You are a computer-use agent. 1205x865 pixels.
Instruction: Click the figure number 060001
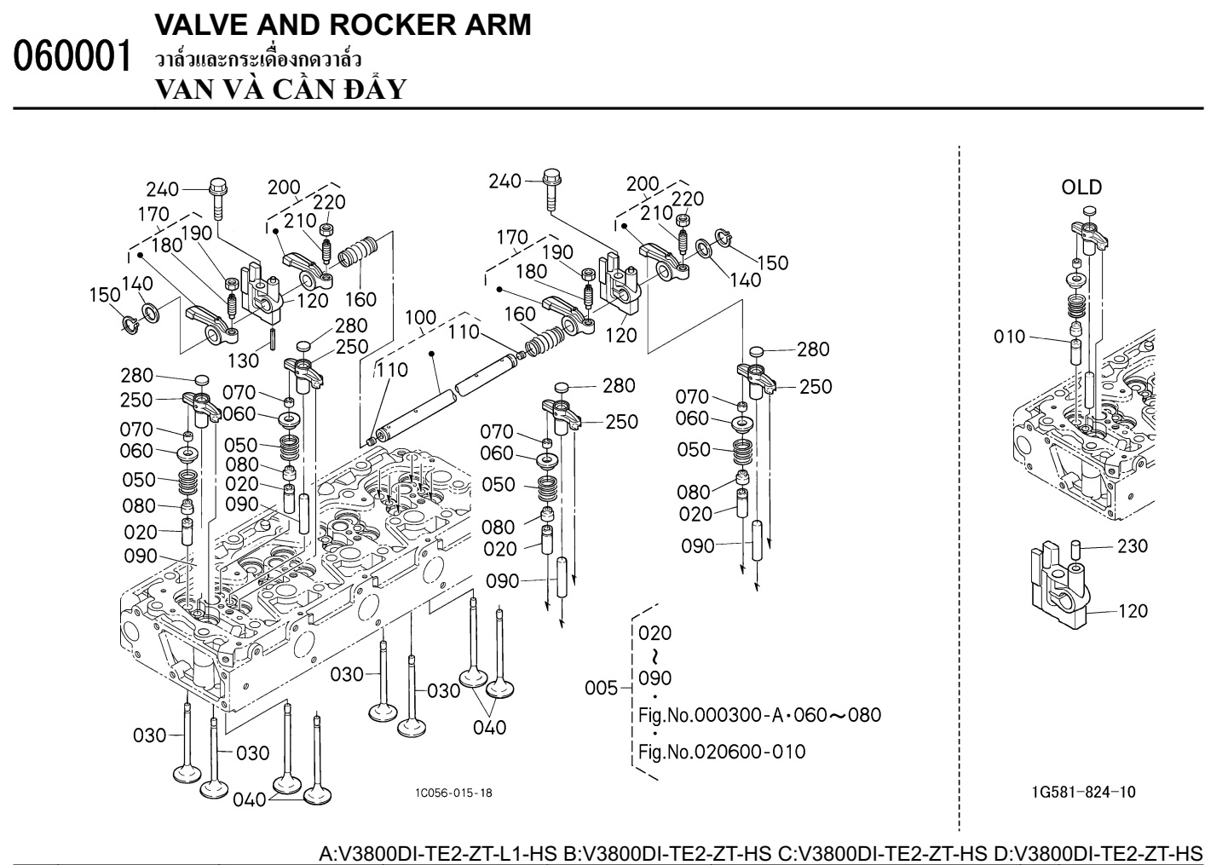pos(74,56)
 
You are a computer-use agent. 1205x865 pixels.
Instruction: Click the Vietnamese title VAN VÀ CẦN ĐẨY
pos(280,89)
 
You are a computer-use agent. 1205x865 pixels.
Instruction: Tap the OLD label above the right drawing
pos(1081,187)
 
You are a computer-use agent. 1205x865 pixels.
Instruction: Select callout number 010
pos(1009,337)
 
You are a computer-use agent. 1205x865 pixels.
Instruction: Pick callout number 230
pos(1132,546)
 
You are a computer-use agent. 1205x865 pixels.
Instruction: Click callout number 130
pos(244,360)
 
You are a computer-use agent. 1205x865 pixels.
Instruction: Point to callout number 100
pos(420,318)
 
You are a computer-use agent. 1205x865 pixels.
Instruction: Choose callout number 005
pos(602,688)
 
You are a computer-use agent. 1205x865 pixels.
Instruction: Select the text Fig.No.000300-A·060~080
pos(759,715)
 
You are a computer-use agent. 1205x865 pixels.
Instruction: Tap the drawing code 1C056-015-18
pos(453,793)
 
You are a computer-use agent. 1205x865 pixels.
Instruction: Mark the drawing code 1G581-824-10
pos(1082,793)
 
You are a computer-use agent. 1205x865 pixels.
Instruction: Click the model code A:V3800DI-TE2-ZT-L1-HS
pos(438,853)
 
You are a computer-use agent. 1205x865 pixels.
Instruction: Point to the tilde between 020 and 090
pos(654,656)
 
